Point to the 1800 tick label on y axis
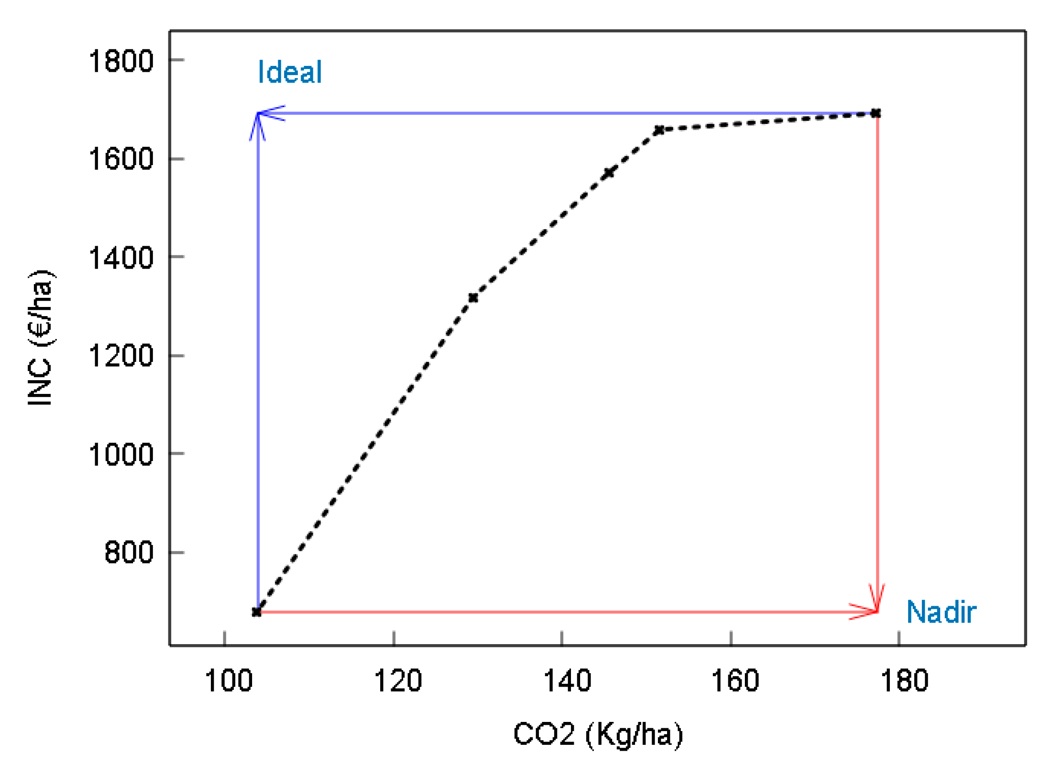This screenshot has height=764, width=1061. (x=121, y=61)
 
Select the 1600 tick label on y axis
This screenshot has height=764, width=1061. (x=121, y=159)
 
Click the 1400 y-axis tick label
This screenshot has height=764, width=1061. (x=121, y=257)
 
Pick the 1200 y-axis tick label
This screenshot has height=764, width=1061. (x=121, y=356)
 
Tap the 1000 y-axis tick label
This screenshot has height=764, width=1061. (x=121, y=454)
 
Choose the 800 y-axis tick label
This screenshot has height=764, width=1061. (x=129, y=553)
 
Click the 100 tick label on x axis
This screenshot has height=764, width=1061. (x=229, y=681)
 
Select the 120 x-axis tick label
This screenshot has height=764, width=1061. (x=398, y=681)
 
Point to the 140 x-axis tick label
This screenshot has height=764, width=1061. (x=567, y=681)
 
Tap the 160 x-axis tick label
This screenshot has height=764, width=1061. (x=735, y=681)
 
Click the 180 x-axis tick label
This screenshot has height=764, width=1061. (x=904, y=681)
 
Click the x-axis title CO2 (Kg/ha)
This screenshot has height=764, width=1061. (x=598, y=734)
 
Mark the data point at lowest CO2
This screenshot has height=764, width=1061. (x=256, y=612)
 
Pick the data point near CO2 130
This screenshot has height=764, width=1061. (x=473, y=298)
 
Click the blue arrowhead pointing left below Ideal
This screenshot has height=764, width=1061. (x=269, y=113)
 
